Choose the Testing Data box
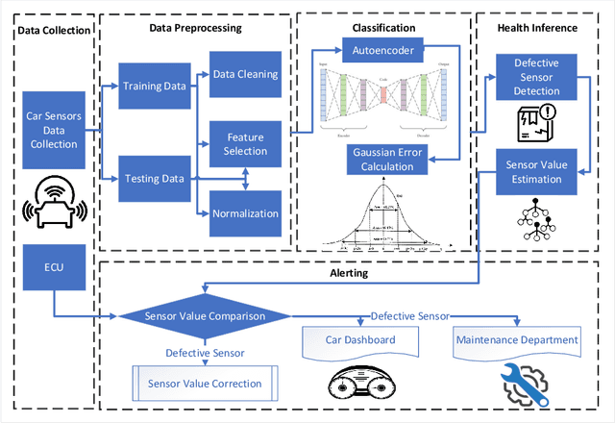coord(155,179)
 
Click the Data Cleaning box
coord(245,73)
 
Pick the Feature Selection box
coord(245,144)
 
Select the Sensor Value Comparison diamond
coord(205,315)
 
